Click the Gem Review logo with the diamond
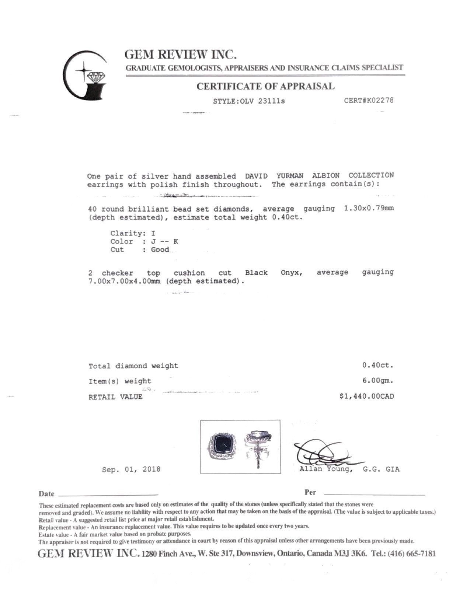[x=85, y=75]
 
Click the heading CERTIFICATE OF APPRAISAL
[x=265, y=87]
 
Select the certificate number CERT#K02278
[x=368, y=100]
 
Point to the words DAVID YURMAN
[x=274, y=176]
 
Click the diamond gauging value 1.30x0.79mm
[x=369, y=208]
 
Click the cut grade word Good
[x=160, y=250]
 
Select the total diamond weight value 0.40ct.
[x=378, y=366]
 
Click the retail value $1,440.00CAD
[x=366, y=396]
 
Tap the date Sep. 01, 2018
[x=131, y=469]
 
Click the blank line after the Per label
[x=374, y=493]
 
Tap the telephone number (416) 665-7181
[x=412, y=553]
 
